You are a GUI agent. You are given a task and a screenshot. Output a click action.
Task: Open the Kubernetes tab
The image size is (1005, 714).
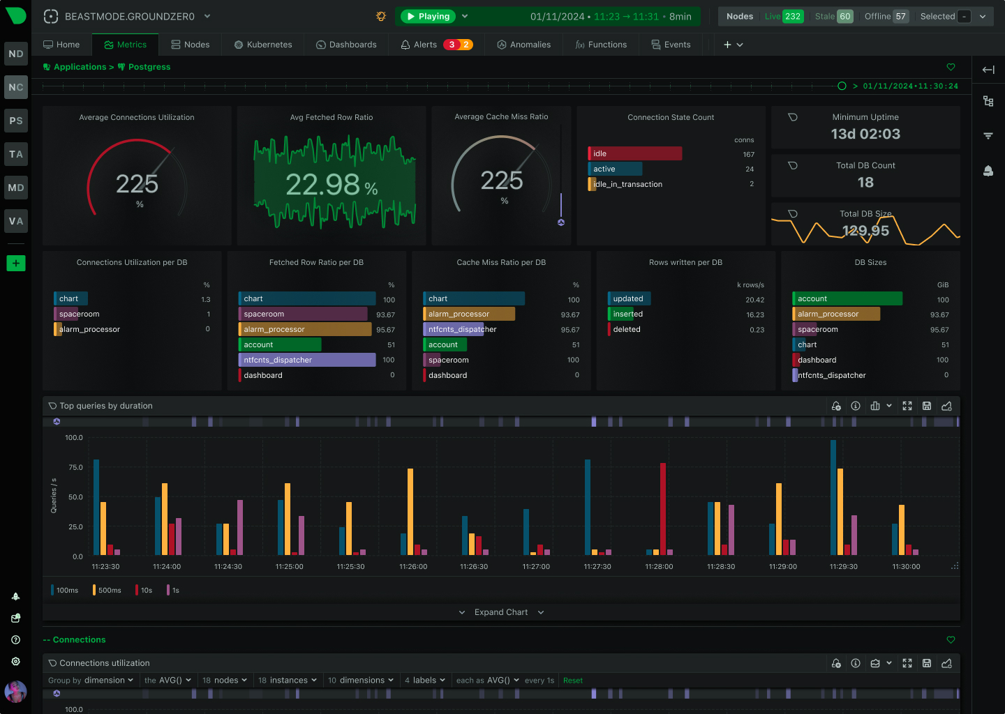point(263,45)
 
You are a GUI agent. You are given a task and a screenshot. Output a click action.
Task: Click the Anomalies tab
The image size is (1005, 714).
point(523,45)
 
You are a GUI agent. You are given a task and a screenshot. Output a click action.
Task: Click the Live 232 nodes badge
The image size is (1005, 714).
point(784,16)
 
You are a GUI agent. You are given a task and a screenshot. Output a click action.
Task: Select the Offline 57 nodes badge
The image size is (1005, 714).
point(886,16)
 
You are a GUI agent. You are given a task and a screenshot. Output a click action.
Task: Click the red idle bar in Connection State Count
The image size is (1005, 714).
point(635,153)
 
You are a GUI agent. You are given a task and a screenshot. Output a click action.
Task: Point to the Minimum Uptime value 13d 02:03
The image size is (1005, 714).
point(865,134)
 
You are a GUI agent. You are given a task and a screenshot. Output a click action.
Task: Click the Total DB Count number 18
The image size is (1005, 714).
point(865,183)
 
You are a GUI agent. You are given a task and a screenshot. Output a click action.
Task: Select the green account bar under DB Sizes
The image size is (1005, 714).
point(847,298)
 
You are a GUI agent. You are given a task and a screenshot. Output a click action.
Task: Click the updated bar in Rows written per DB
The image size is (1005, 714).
point(629,298)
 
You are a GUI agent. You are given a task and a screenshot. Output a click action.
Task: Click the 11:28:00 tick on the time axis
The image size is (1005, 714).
point(659,567)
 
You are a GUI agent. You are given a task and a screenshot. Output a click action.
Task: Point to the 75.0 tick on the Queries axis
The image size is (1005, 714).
point(74,467)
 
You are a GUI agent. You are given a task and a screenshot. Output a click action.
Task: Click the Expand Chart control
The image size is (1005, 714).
point(501,612)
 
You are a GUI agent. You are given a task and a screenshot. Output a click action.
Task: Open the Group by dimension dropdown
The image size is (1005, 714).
point(91,681)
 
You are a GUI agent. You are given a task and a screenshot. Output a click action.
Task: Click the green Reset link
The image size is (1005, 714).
point(573,681)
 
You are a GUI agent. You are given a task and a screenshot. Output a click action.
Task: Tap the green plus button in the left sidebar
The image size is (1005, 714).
point(16,263)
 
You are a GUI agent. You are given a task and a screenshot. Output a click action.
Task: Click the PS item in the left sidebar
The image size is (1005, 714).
point(16,121)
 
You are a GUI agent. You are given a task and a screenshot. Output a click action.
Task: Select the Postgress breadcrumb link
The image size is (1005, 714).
point(149,67)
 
